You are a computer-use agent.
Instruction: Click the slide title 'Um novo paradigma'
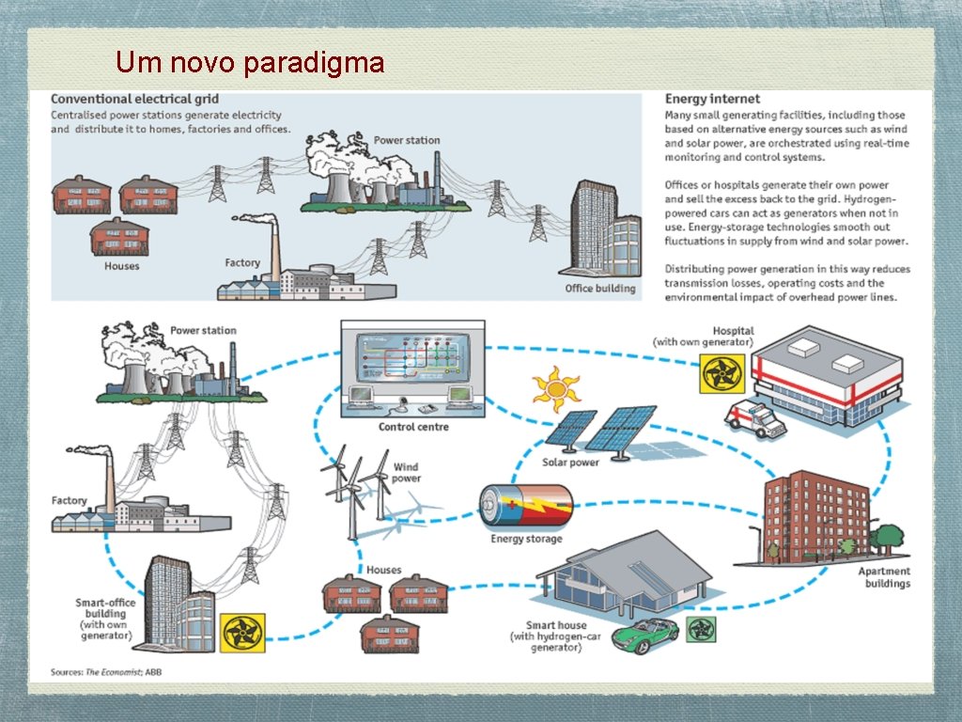[x=250, y=63]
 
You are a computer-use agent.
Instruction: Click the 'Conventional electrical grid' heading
[x=134, y=99]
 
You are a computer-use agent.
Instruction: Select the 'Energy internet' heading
[x=712, y=99]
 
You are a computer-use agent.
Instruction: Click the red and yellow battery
[x=525, y=508]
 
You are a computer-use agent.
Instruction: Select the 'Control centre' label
[x=413, y=427]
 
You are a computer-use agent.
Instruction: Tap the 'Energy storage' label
[x=526, y=540]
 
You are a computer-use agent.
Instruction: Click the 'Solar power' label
[x=570, y=463]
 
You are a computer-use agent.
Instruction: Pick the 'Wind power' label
[x=406, y=472]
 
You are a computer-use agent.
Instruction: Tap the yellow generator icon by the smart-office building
[x=242, y=633]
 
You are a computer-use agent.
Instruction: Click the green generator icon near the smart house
[x=701, y=629]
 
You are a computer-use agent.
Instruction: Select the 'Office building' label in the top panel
[x=600, y=288]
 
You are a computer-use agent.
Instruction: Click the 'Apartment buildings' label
[x=884, y=577]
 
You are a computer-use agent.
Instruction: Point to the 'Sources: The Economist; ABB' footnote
[x=105, y=672]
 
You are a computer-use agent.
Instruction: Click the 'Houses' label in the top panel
[x=122, y=266]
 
